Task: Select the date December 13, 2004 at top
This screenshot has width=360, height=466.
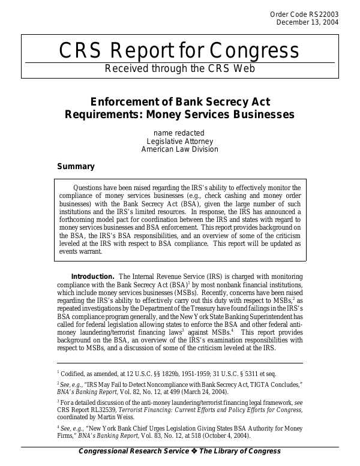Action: pos(307,23)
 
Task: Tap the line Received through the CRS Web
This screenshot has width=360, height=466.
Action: pos(180,68)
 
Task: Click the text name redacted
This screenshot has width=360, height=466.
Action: pos(179,133)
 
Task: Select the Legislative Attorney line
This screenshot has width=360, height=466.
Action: pos(179,141)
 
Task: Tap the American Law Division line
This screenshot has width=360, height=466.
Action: pos(179,149)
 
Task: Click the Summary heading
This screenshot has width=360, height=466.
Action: pos(76,166)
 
